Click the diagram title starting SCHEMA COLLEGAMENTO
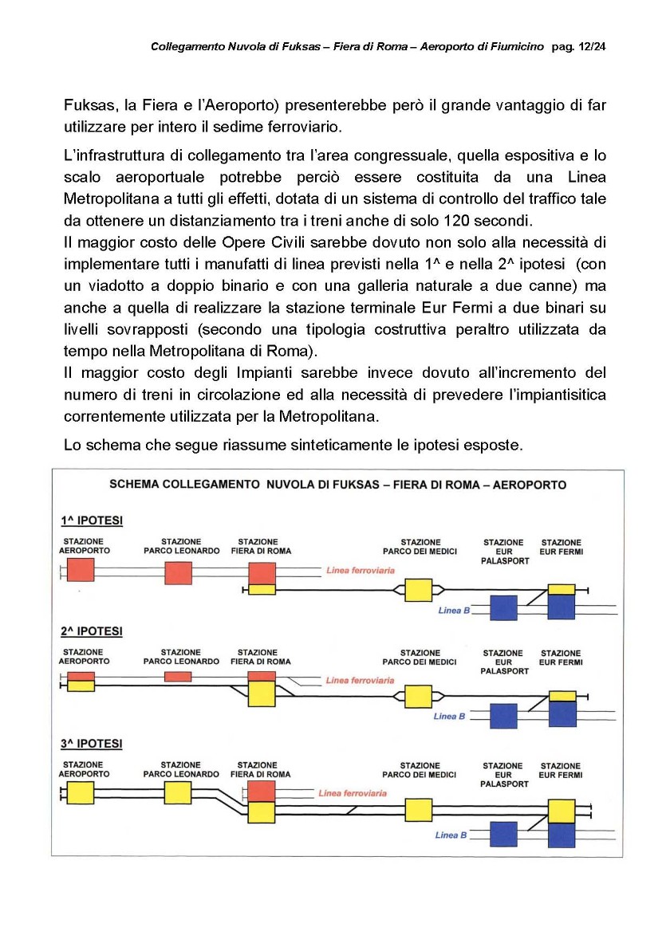tap(337, 484)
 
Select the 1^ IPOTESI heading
tap(92, 521)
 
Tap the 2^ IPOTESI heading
tap(92, 631)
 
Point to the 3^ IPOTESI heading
tap(92, 744)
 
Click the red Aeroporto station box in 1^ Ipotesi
tap(81, 570)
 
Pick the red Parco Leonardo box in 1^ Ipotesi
tap(178, 573)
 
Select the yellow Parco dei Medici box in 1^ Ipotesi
tap(419, 591)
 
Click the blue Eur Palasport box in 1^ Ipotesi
tap(503, 608)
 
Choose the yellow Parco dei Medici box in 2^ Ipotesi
tap(419, 696)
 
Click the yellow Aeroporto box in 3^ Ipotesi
tap(81, 792)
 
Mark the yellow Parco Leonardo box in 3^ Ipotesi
tap(178, 792)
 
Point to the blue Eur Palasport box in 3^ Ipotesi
tap(503, 834)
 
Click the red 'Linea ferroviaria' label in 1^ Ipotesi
tap(361, 571)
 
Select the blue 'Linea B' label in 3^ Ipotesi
tap(451, 835)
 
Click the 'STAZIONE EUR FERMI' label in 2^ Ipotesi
tap(561, 658)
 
